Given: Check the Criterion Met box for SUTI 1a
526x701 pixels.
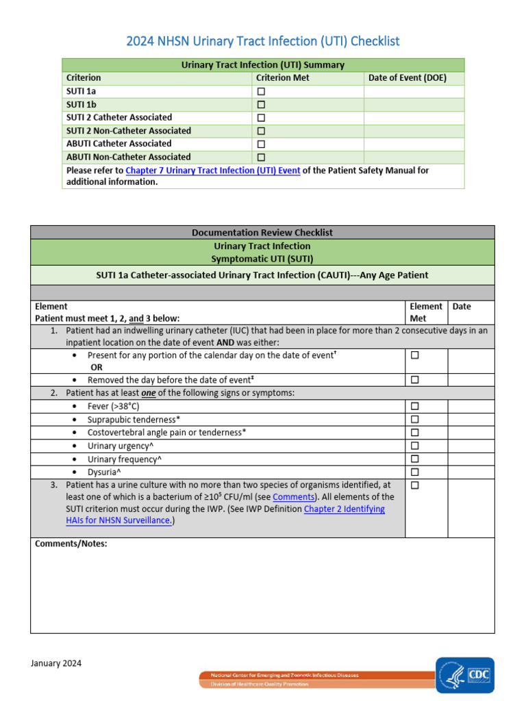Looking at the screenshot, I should pyautogui.click(x=261, y=91).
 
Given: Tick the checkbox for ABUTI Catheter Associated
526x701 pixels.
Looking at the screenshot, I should pyautogui.click(x=261, y=144).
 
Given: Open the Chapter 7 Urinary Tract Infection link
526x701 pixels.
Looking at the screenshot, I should pyautogui.click(x=213, y=170).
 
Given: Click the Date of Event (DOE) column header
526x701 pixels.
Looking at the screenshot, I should pyautogui.click(x=407, y=78).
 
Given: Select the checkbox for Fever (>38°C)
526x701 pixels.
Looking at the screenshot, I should pyautogui.click(x=414, y=406).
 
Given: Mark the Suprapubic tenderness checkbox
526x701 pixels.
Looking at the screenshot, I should pyautogui.click(x=414, y=419).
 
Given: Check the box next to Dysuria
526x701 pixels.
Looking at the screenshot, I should pyautogui.click(x=414, y=472).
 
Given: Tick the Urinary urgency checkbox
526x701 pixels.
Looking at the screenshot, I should pyautogui.click(x=414, y=446).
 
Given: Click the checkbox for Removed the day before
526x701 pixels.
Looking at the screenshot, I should pyautogui.click(x=414, y=380).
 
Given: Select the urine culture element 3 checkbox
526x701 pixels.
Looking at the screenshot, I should pyautogui.click(x=414, y=485).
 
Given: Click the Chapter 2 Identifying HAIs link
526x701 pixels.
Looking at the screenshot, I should pyautogui.click(x=345, y=509).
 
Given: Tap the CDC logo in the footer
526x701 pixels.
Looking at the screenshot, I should pyautogui.click(x=465, y=675).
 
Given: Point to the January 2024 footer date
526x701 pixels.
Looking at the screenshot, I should pyautogui.click(x=56, y=663).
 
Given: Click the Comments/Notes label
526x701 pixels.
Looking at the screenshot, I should pyautogui.click(x=71, y=544).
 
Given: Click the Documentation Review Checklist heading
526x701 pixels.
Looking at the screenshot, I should pyautogui.click(x=262, y=233).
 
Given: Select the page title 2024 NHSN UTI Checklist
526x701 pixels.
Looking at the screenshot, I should pyautogui.click(x=263, y=42).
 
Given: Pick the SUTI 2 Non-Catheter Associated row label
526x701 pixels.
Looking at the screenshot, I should pyautogui.click(x=129, y=131).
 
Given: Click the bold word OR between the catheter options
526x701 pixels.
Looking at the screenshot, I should pyautogui.click(x=97, y=367).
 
